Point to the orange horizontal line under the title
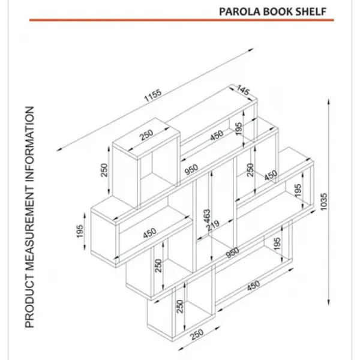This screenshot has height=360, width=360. [x=181, y=20]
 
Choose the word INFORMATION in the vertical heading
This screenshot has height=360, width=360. [x=29, y=145]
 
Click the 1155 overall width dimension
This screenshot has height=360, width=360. [x=153, y=95]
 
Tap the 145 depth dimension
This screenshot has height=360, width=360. [x=243, y=90]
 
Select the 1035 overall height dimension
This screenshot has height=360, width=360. [x=323, y=202]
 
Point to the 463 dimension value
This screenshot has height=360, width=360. [x=206, y=216]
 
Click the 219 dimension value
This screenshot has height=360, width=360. [x=213, y=226]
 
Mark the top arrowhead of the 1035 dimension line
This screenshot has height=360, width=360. [x=329, y=101]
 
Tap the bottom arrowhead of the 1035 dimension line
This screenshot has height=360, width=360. [x=329, y=302]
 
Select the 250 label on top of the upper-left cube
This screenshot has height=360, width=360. [x=146, y=135]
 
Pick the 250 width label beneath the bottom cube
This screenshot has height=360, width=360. [x=197, y=334]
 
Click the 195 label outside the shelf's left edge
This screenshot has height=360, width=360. [x=79, y=231]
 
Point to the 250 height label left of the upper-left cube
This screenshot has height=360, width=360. [x=104, y=170]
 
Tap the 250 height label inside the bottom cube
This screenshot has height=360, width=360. [x=180, y=306]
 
